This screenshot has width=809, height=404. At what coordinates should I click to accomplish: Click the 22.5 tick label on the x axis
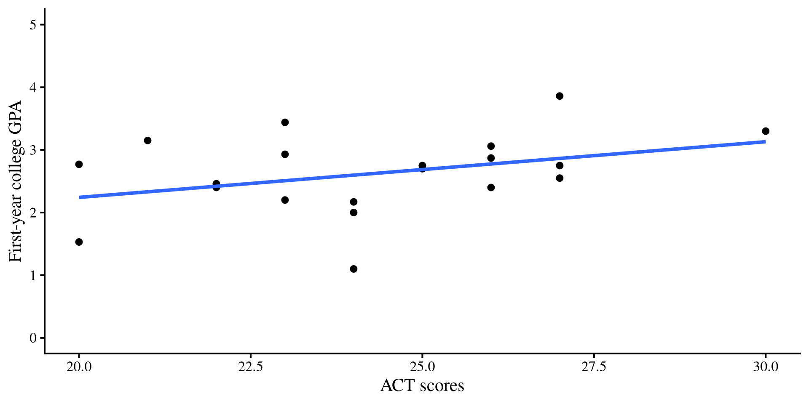pyautogui.click(x=250, y=367)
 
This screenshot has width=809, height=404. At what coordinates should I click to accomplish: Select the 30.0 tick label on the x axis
pyautogui.click(x=765, y=367)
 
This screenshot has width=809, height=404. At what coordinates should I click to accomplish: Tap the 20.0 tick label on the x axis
pyautogui.click(x=79, y=367)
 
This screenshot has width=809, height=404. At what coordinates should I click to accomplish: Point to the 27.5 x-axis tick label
pyautogui.click(x=594, y=367)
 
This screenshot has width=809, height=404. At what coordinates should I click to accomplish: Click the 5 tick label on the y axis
pyautogui.click(x=33, y=25)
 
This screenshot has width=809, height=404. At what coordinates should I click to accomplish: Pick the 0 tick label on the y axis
pyautogui.click(x=33, y=338)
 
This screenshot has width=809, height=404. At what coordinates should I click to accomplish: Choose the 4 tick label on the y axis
pyautogui.click(x=33, y=88)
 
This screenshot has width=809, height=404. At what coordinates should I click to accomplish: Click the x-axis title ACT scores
pyautogui.click(x=422, y=385)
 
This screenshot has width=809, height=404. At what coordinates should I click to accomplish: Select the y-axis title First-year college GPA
pyautogui.click(x=16, y=181)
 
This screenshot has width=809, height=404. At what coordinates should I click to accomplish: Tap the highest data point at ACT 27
pyautogui.click(x=560, y=96)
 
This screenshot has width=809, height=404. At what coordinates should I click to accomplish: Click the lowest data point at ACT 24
pyautogui.click(x=354, y=269)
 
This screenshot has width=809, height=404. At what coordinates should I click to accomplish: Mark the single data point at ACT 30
pyautogui.click(x=766, y=131)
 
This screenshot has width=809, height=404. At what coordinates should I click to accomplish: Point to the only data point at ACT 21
pyautogui.click(x=147, y=141)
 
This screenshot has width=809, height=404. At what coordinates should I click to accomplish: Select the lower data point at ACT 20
pyautogui.click(x=79, y=242)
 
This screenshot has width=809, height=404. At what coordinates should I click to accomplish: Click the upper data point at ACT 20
pyautogui.click(x=79, y=164)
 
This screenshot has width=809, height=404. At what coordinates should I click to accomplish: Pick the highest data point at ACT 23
pyautogui.click(x=285, y=122)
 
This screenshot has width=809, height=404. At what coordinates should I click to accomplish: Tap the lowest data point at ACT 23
pyautogui.click(x=285, y=200)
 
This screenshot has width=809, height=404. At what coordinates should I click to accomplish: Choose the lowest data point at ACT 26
pyautogui.click(x=491, y=187)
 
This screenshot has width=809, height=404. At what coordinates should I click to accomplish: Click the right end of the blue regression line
pyautogui.click(x=765, y=142)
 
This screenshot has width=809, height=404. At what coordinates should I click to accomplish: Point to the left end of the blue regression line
pyautogui.click(x=80, y=197)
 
